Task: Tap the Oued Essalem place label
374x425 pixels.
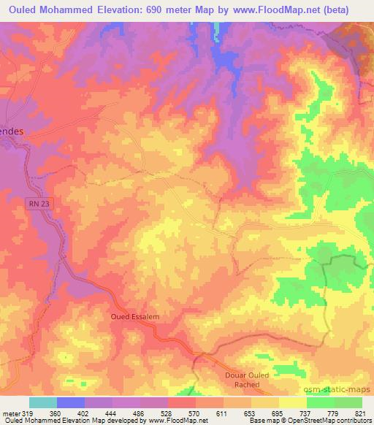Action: tap(134, 316)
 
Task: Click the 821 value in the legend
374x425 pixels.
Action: tap(362, 413)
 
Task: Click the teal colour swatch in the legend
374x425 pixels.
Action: tap(42, 402)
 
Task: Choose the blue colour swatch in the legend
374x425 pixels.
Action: tap(70, 402)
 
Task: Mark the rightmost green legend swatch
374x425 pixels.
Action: tap(348, 402)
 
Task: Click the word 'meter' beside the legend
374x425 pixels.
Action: tap(11, 413)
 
